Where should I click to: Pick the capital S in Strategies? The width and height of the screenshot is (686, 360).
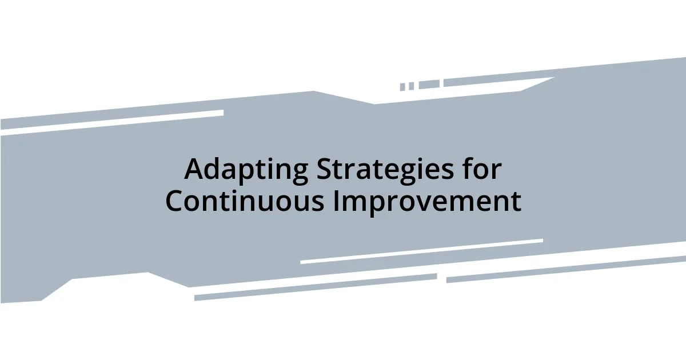tap(323, 169)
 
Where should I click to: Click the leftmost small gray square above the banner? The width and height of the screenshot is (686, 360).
tap(402, 87)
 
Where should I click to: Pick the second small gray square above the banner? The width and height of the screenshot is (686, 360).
tap(411, 86)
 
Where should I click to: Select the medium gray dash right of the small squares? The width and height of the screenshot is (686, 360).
tap(429, 84)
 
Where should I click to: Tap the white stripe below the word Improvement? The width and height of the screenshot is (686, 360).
tap(421, 251)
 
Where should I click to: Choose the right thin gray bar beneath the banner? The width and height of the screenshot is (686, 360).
tap(566, 269)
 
